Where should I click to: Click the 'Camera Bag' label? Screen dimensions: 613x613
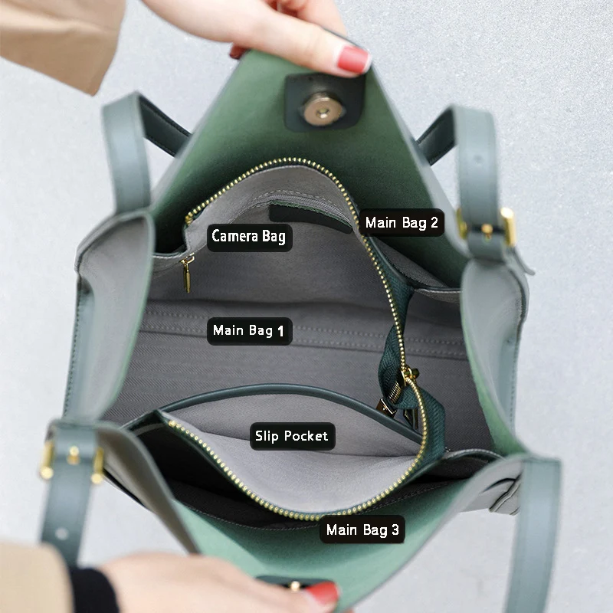(x=250, y=237)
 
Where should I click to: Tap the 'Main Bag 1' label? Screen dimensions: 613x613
(x=249, y=331)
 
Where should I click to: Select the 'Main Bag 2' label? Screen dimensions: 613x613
(x=402, y=222)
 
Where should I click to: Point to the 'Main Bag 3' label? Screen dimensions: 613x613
(x=362, y=529)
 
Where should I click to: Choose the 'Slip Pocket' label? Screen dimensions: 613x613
(x=292, y=436)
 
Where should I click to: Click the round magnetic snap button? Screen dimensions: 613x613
(x=322, y=110)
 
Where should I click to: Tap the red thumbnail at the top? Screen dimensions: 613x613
(x=353, y=60)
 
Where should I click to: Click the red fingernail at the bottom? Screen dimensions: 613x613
(x=323, y=595)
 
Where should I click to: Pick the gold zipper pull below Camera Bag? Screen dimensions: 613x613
(x=187, y=273)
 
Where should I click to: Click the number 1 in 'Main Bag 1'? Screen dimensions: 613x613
(x=280, y=332)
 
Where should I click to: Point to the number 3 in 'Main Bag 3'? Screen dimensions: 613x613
(x=395, y=529)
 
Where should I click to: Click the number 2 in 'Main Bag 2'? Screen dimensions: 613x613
(x=434, y=222)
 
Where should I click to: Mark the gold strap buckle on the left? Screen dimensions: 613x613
(x=71, y=461)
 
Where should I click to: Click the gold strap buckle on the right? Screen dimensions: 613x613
(x=487, y=227)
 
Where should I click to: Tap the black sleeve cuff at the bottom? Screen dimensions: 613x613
(x=93, y=590)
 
